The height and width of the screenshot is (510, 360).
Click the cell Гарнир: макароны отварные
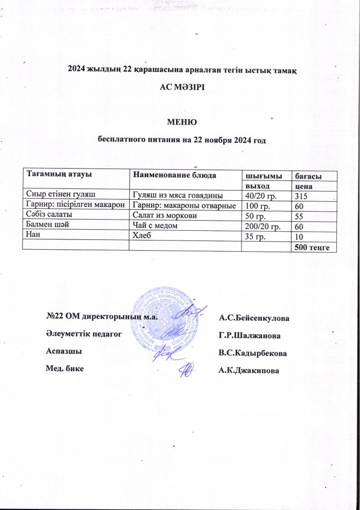coord(185,205)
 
